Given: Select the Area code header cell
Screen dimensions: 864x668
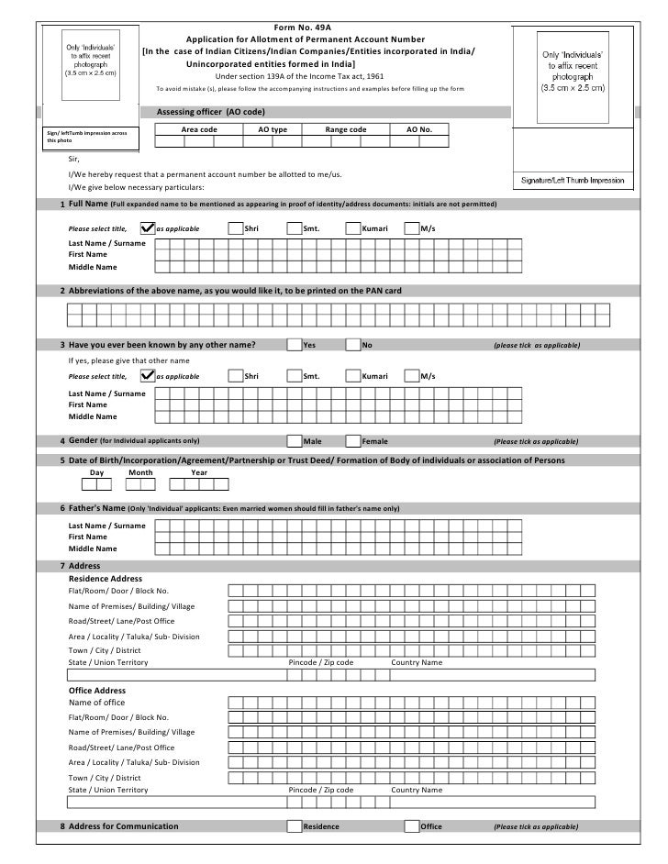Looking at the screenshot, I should pos(199,130).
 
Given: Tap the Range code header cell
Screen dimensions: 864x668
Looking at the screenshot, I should pos(346,130).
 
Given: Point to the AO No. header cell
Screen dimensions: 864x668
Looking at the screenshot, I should pos(419,130).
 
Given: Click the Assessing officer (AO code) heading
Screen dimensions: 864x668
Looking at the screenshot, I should pos(211,111).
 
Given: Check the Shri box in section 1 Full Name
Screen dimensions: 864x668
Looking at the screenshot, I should pos(236,227).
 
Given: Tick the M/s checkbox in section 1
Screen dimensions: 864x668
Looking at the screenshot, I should pos(411,227).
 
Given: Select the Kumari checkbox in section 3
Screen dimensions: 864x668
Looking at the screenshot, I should pos(353,376).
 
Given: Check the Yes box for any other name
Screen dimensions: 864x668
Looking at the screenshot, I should pos(294,345).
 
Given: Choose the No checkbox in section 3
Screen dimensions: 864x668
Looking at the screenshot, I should pos(353,345).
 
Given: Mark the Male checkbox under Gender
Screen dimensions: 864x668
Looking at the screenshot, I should pos(294,441).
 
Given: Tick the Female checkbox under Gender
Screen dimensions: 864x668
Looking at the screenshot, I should pos(353,441).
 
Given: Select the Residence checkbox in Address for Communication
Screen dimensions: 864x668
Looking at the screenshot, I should pos(294,826).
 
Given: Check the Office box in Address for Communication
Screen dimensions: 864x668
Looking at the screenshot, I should pos(412,826).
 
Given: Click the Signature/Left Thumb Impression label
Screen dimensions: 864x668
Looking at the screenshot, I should pos(572,181).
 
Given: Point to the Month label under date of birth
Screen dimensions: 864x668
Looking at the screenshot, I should pos(140,473).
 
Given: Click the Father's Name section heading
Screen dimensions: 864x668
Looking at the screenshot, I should pos(96,508).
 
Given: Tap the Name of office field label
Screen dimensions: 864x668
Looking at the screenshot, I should pos(97,703).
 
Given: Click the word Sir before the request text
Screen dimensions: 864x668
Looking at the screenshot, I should pos(74,159).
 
